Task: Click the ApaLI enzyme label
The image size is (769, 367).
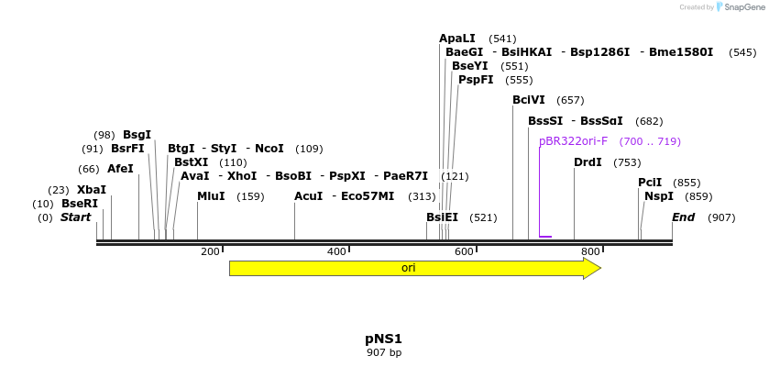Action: [x=456, y=39]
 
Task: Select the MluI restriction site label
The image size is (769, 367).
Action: [x=211, y=196]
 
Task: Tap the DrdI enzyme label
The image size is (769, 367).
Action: [x=588, y=162]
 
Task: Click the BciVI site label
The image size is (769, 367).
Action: [x=528, y=100]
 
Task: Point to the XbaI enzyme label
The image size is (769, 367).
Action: [x=91, y=190]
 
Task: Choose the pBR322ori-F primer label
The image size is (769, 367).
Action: [x=573, y=141]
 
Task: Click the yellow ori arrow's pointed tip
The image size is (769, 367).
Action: [x=599, y=268]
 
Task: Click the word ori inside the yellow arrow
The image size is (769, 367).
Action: [x=408, y=268]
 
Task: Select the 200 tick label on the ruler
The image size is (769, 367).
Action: [x=210, y=251]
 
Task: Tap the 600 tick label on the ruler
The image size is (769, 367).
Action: [x=464, y=251]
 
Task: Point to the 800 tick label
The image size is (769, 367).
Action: [x=590, y=251]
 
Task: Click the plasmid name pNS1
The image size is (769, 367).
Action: [x=384, y=339]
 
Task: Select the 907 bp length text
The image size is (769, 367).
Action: [x=384, y=352]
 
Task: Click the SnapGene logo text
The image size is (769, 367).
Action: [x=746, y=6]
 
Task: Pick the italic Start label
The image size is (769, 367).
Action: [x=75, y=217]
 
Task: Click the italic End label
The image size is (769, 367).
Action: [x=683, y=217]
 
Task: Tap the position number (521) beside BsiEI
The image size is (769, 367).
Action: [x=483, y=217]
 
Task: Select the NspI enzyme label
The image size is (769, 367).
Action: [x=658, y=196]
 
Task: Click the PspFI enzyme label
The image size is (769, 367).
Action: [x=476, y=80]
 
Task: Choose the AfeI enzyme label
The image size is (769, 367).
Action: [x=120, y=169]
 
